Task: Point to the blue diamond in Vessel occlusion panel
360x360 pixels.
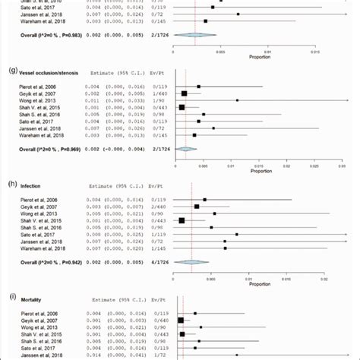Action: (x=182, y=152)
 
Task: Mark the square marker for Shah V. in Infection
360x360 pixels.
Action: (x=182, y=220)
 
